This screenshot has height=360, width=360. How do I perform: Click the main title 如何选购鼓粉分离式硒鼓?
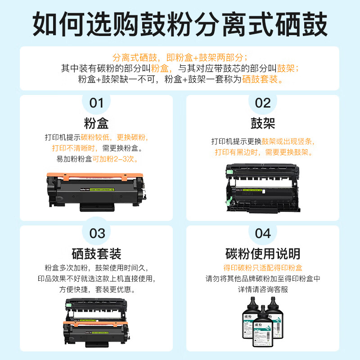[180, 23]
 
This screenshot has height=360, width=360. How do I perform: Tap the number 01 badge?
[96, 103]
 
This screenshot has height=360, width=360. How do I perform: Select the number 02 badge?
[263, 103]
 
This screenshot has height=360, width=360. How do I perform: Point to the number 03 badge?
[96, 234]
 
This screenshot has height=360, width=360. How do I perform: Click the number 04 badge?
[263, 234]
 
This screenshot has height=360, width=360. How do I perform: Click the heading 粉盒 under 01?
[96, 123]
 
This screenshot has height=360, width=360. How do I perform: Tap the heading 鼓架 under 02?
[263, 123]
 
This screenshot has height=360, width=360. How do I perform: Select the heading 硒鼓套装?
[96, 253]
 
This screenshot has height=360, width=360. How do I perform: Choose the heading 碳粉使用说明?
[263, 253]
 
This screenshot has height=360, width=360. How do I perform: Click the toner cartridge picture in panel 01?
[97, 190]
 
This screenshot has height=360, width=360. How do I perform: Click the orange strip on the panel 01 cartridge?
[95, 175]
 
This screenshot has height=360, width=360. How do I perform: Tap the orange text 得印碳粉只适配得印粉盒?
[263, 267]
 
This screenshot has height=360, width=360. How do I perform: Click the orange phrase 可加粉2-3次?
[115, 159]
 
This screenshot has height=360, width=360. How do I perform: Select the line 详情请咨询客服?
[263, 289]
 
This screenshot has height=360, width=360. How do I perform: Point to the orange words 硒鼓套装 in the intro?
[262, 80]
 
